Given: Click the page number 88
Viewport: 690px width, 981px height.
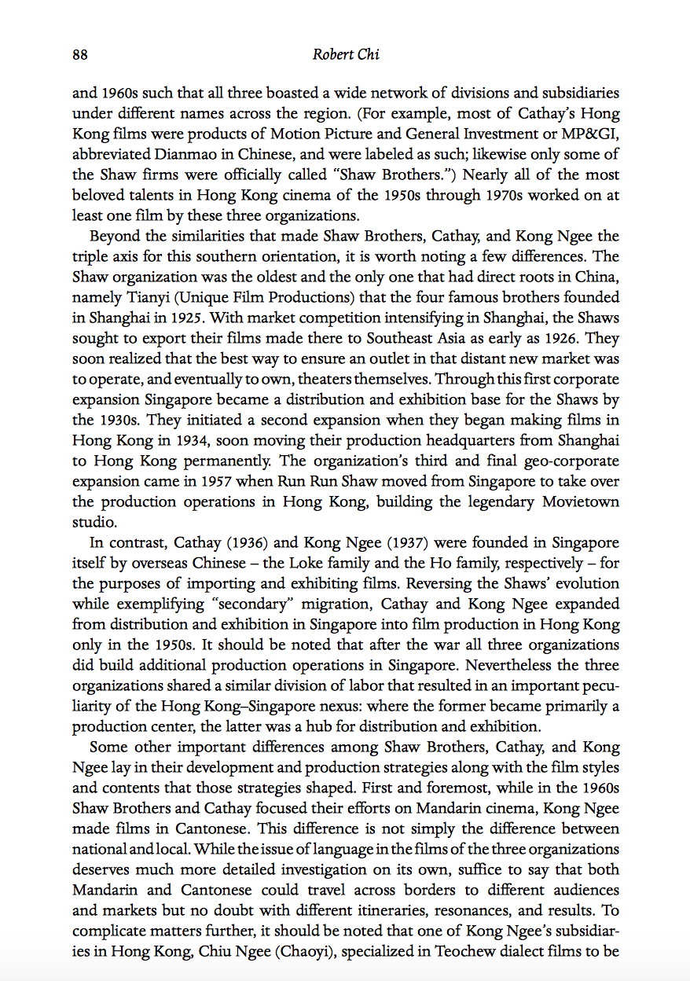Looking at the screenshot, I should tap(79, 54).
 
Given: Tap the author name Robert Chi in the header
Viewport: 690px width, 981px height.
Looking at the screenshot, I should tap(344, 54).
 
